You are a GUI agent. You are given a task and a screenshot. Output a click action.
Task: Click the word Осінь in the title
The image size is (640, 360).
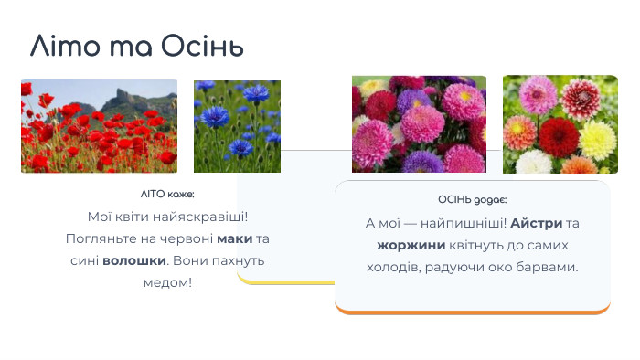pyautogui.click(x=202, y=46)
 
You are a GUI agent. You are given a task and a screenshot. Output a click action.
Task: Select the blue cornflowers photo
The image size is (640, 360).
pyautogui.click(x=237, y=126)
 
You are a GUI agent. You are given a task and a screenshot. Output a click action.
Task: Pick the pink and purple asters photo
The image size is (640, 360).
pyautogui.click(x=419, y=124)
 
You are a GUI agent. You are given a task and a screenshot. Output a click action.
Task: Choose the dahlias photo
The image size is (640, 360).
pyautogui.click(x=560, y=124)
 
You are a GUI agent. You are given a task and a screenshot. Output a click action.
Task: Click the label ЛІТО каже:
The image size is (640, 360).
pyautogui.click(x=167, y=195)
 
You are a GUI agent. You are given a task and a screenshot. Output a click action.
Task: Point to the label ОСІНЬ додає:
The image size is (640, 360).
pyautogui.click(x=472, y=200)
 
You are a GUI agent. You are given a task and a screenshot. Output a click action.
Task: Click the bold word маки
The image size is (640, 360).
pyautogui.click(x=234, y=238)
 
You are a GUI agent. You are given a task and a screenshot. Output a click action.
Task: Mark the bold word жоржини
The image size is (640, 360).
pyautogui.click(x=411, y=246)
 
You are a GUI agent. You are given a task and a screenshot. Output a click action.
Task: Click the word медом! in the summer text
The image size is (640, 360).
pyautogui.click(x=167, y=282)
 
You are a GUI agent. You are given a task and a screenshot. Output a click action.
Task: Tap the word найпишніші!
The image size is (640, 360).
pyautogui.click(x=463, y=224)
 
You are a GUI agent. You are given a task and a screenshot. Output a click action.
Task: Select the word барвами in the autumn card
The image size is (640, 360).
pyautogui.click(x=550, y=268)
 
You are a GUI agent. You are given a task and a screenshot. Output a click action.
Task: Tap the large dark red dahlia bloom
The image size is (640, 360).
pyautogui.click(x=559, y=137)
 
